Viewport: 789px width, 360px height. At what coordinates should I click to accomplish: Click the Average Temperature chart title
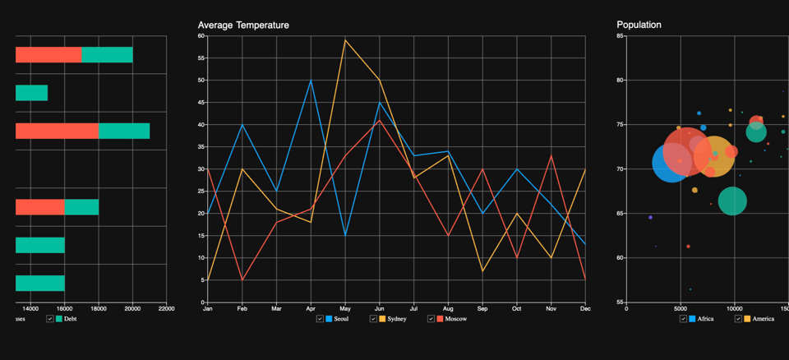pyautogui.click(x=243, y=25)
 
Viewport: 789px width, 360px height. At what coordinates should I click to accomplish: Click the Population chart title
pyautogui.click(x=639, y=25)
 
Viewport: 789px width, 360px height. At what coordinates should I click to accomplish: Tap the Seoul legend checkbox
pyautogui.click(x=320, y=318)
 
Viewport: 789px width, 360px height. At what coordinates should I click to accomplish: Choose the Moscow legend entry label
pyautogui.click(x=456, y=318)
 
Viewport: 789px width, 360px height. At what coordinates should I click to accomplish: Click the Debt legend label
pyautogui.click(x=70, y=318)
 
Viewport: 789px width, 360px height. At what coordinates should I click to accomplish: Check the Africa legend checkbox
pyautogui.click(x=684, y=318)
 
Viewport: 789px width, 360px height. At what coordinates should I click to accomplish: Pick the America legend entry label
pyautogui.click(x=763, y=318)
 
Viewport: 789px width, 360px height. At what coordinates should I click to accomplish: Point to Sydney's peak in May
pyautogui.click(x=345, y=39)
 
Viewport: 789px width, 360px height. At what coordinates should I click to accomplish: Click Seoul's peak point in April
pyautogui.click(x=311, y=80)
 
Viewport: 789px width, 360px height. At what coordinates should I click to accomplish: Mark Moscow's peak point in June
pyautogui.click(x=379, y=120)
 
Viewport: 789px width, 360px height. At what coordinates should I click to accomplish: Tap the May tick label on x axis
pyautogui.click(x=345, y=309)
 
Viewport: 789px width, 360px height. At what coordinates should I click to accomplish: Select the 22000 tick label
pyautogui.click(x=166, y=309)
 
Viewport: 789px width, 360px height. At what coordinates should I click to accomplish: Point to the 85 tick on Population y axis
pyautogui.click(x=620, y=36)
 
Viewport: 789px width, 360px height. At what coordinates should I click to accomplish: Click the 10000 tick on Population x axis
pyautogui.click(x=734, y=309)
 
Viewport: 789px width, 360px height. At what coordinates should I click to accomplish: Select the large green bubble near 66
pyautogui.click(x=732, y=201)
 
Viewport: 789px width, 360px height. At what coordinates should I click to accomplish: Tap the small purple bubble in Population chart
pyautogui.click(x=650, y=217)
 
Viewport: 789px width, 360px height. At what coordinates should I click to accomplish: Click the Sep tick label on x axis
pyautogui.click(x=482, y=309)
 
